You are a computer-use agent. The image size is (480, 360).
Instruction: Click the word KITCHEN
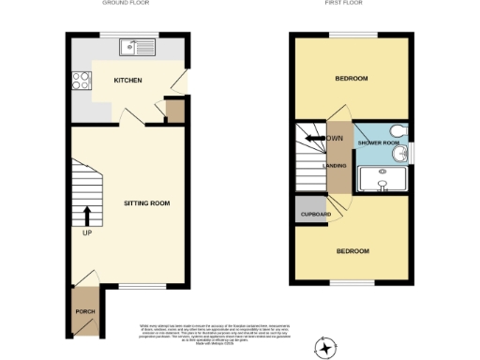tap(127, 81)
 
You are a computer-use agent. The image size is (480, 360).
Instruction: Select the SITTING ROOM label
tap(147, 202)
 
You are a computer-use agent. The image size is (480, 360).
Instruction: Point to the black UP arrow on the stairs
tap(88, 216)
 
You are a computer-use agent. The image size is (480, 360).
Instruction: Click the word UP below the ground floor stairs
tap(88, 233)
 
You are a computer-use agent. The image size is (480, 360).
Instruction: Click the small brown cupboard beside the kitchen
tap(173, 112)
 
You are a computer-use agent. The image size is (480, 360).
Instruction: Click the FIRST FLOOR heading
tap(345, 4)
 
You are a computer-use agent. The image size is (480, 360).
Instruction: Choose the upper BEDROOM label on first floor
tap(352, 80)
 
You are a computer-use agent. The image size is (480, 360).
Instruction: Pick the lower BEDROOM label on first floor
tap(352, 251)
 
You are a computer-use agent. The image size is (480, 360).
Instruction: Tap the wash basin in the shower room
tap(400, 154)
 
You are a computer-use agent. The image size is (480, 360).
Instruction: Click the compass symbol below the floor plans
tap(325, 348)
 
